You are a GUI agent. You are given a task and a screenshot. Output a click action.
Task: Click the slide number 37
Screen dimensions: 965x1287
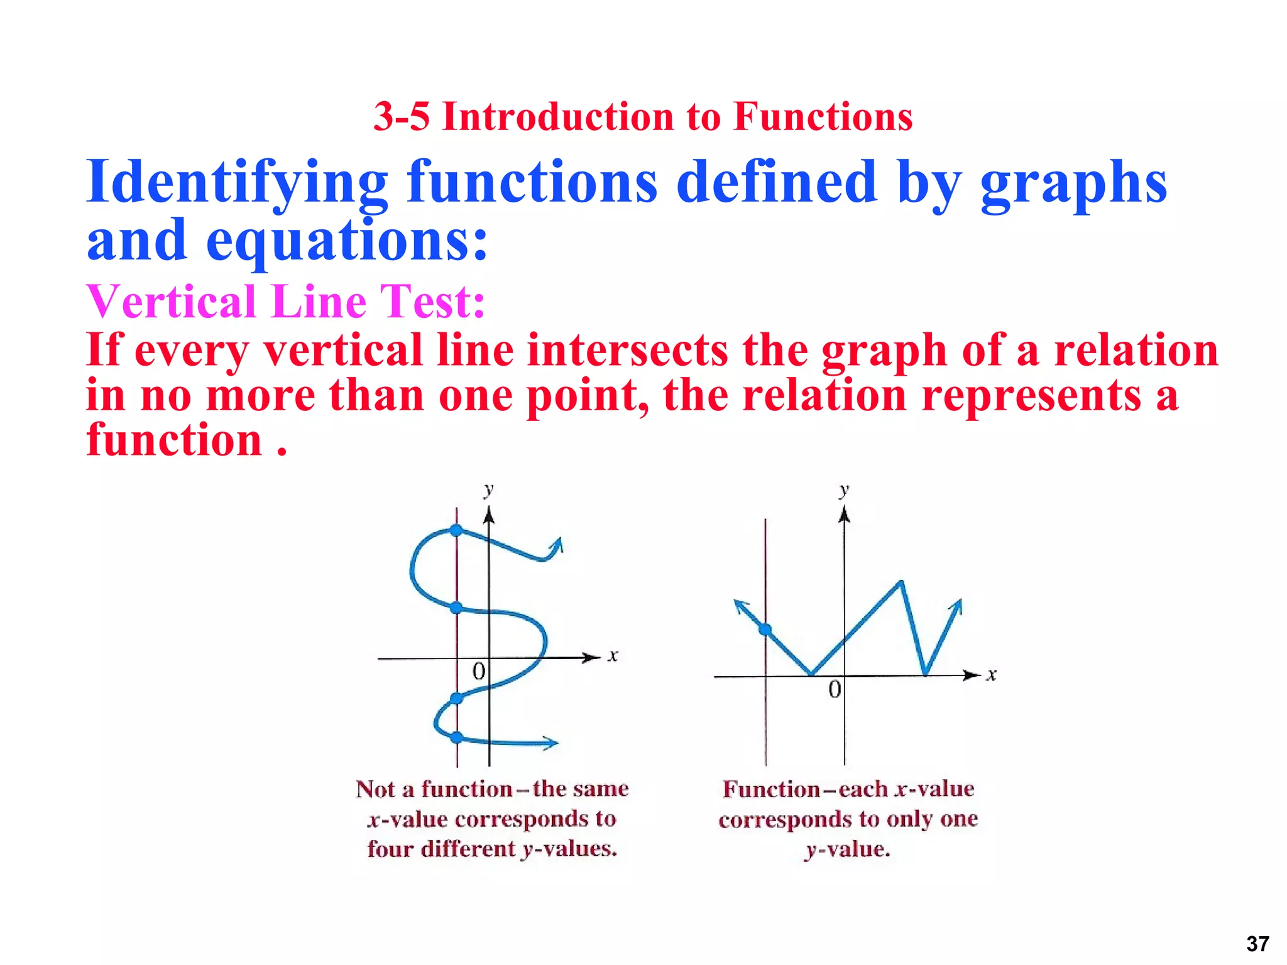point(1257,944)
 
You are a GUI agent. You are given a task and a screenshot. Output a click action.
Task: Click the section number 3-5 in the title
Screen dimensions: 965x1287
point(402,117)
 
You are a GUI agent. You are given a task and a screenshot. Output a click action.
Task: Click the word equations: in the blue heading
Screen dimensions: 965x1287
point(347,242)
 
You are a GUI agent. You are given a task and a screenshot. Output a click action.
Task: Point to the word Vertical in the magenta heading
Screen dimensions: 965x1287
point(171,302)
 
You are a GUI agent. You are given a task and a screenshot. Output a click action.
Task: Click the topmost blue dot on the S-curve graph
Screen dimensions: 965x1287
point(457,530)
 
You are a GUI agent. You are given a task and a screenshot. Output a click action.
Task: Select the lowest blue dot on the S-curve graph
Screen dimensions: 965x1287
point(457,738)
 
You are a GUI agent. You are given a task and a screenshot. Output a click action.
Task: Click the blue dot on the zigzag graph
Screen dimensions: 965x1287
point(765,630)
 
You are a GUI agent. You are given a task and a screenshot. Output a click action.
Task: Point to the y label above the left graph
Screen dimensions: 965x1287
point(488,489)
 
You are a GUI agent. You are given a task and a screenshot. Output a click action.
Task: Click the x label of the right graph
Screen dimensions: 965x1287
point(991,675)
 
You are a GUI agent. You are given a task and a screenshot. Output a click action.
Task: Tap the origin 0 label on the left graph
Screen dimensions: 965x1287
point(479,672)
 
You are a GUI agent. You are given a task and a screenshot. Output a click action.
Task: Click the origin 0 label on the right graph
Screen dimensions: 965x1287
point(835,690)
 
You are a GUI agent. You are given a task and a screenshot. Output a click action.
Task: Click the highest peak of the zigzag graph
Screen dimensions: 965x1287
point(902,582)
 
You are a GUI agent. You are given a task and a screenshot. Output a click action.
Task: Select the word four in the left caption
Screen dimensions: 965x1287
point(390,849)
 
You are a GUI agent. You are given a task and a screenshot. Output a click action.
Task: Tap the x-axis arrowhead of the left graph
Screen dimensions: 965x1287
point(593,658)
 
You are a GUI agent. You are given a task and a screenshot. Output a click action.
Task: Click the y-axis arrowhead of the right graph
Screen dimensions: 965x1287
point(844,515)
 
